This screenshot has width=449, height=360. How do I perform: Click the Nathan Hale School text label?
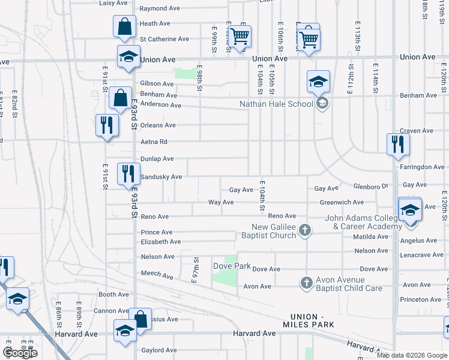pos(276,104)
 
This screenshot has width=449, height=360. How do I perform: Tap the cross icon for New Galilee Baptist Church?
pos(305,230)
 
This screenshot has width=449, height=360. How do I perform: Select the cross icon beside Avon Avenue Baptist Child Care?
pos(306,282)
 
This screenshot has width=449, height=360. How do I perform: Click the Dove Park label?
pos(232,265)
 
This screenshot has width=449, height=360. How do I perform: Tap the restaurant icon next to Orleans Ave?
pos(106,125)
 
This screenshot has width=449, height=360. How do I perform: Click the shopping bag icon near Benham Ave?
pos(120,97)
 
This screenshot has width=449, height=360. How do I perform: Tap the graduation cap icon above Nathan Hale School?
pos(318,82)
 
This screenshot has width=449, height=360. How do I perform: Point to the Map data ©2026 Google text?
pos(412,355)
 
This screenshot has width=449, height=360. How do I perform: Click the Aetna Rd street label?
pos(154,142)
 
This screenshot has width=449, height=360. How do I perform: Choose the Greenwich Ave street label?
pos(342,203)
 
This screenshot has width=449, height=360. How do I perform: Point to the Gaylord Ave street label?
pos(159,350)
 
